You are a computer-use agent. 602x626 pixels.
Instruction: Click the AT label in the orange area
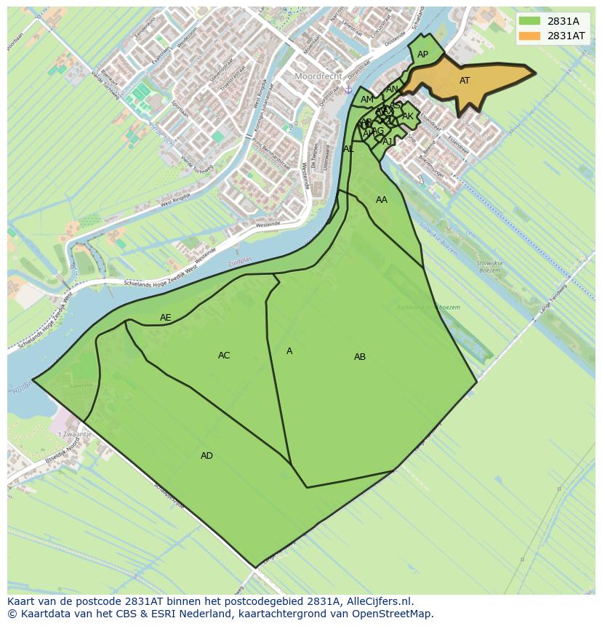[x=465, y=81]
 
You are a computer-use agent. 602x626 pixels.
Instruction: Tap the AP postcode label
[x=422, y=55]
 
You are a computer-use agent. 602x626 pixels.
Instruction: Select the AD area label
[x=206, y=456]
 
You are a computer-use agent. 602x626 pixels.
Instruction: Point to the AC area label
[x=224, y=356]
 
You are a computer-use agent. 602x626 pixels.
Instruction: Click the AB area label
[x=360, y=357]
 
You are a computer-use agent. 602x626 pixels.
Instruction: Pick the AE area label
[x=166, y=318]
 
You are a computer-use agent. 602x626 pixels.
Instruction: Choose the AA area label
[x=382, y=200]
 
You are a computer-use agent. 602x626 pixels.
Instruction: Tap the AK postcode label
[x=408, y=116]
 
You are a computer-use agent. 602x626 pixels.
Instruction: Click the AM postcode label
[x=367, y=100]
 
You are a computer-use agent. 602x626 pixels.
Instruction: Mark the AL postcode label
[x=348, y=149]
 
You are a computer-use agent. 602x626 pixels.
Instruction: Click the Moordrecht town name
[x=318, y=76]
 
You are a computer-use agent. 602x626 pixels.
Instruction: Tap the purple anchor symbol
[x=348, y=89]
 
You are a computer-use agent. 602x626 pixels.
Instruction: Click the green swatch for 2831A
[x=529, y=21]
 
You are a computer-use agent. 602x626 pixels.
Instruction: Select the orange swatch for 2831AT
[x=529, y=36]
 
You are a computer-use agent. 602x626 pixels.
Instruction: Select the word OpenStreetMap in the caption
[x=397, y=614]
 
